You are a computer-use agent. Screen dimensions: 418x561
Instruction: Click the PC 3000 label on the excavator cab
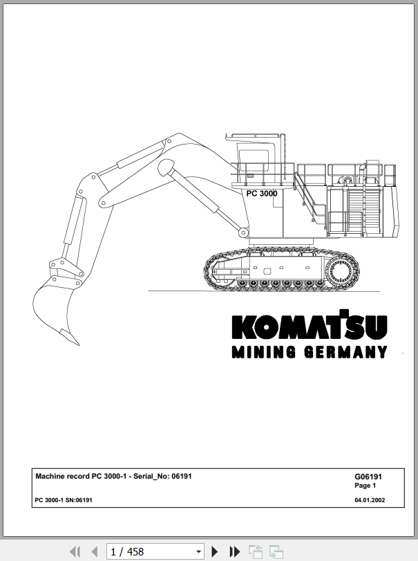[x=262, y=194]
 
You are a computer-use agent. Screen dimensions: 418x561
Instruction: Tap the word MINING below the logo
[x=264, y=352]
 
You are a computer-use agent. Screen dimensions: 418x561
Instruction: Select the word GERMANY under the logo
[x=346, y=352]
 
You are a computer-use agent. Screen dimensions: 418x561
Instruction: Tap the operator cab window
[x=254, y=160]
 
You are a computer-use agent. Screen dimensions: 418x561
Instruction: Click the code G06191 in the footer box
[x=368, y=477]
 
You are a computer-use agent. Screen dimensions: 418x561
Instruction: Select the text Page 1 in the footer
[x=365, y=486]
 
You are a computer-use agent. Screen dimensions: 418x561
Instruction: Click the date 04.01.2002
[x=370, y=500]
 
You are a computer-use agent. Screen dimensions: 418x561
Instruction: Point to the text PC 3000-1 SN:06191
[x=64, y=500]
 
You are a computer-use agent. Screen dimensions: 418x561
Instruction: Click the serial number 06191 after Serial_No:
[x=182, y=476]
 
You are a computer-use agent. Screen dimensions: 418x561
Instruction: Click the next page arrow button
[x=215, y=552]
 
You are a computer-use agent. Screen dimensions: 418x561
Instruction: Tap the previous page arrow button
[x=95, y=552]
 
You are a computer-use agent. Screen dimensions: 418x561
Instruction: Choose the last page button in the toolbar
[x=234, y=552]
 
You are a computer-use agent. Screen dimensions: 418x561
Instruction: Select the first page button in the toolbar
[x=75, y=552]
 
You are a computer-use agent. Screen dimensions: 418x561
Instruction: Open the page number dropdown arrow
[x=199, y=552]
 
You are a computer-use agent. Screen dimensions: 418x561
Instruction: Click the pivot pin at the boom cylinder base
[x=243, y=232]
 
